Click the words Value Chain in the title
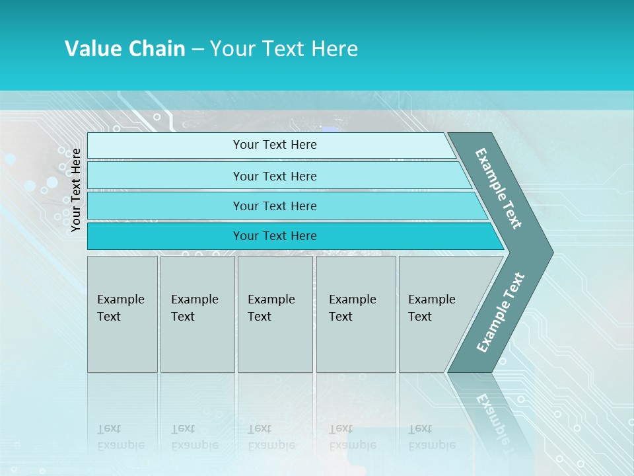click(125, 49)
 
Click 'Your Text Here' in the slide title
click(284, 49)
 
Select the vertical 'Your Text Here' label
click(76, 190)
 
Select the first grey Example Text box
click(122, 314)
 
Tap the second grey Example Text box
click(197, 314)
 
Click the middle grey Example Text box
click(275, 314)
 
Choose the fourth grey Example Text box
click(356, 314)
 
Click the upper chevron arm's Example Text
click(499, 188)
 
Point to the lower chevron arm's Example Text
click(501, 312)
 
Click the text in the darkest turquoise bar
click(275, 236)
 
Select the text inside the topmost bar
click(275, 145)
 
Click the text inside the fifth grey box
click(431, 307)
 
